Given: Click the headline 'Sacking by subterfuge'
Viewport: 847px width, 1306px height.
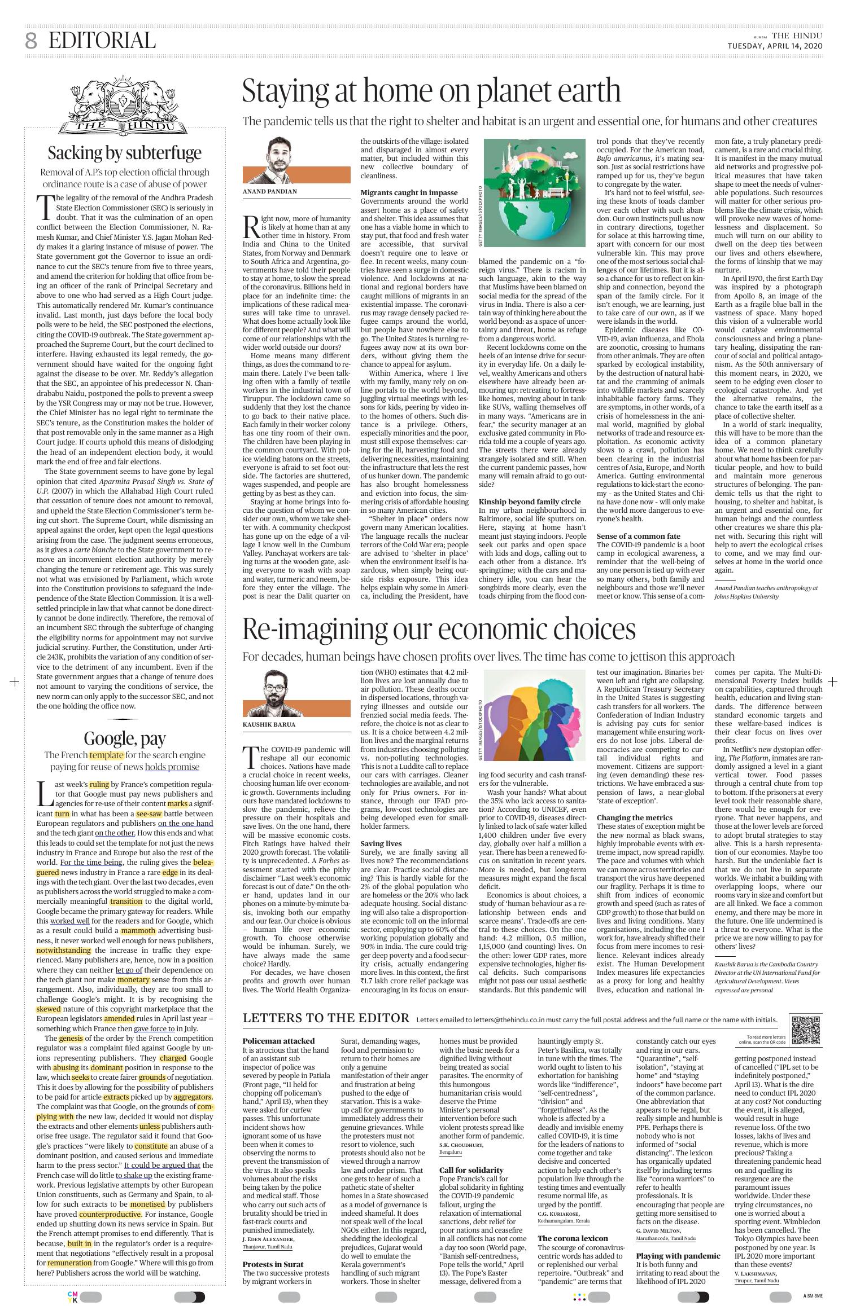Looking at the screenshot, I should point(124,153).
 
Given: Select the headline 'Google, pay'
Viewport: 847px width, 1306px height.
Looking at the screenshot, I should point(124,738).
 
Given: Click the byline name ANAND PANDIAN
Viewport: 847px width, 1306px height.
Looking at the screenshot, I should point(269,191).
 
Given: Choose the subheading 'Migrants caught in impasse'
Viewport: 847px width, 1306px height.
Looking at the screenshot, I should point(409,192).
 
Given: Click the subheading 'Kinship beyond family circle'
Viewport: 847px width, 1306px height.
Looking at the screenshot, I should point(530,502).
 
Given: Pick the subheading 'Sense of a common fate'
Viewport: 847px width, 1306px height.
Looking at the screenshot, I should point(638,536).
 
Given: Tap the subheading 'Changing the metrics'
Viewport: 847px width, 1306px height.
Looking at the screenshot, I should point(634,817).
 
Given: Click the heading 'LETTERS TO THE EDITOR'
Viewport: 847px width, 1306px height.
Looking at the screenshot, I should point(326,1018).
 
